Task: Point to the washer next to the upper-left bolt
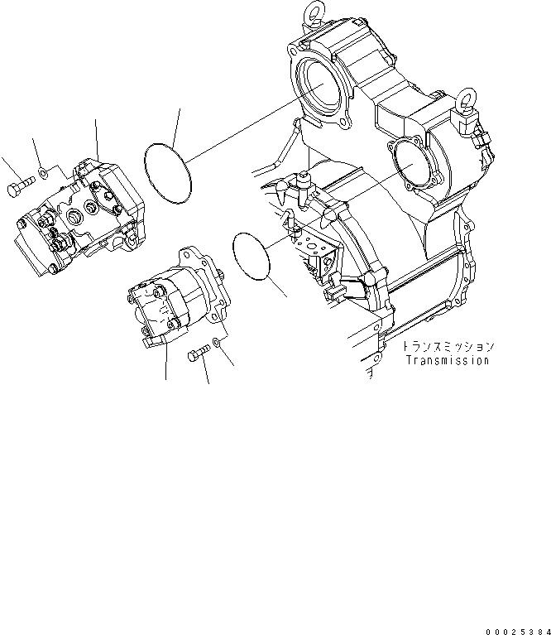pos(45,172)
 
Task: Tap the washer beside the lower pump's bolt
pos(215,342)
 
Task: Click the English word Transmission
pos(448,360)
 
